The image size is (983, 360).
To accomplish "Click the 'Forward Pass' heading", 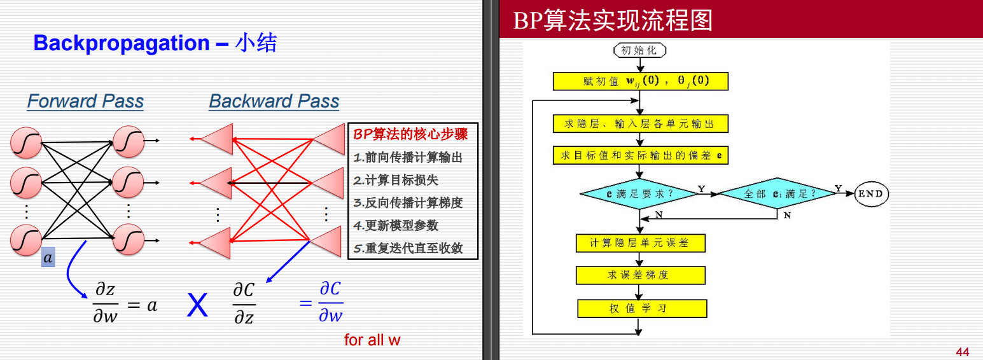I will point(85,101).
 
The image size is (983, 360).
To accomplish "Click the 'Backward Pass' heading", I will point(274,101).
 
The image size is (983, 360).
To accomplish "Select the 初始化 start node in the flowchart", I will point(639,50).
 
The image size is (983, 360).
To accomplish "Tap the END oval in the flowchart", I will point(870,193).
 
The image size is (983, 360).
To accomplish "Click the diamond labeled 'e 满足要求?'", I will point(639,193).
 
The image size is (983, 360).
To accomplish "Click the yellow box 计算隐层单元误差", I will point(640,243).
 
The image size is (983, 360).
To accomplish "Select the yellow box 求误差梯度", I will point(640,275).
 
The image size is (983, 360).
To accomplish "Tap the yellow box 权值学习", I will point(641,308).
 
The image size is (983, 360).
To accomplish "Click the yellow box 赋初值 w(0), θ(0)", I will point(640,81).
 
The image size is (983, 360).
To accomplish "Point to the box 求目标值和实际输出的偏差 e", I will point(640,155).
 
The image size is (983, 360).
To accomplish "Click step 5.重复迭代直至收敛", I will point(408,248).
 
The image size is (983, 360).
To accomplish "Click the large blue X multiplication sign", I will point(197,306).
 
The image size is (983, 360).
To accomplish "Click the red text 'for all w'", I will point(372,340).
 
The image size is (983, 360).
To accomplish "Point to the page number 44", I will point(962,352).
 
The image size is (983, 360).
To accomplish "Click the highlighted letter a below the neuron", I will point(48,258).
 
